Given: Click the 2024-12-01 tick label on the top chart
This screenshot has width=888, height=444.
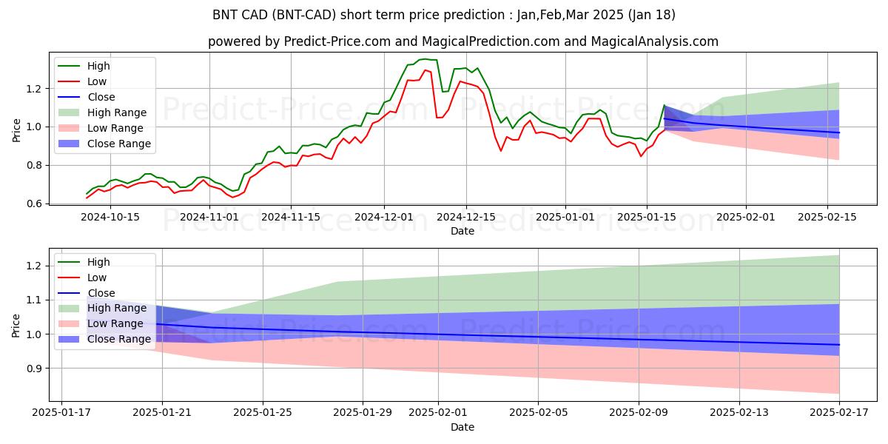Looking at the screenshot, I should coord(383,217).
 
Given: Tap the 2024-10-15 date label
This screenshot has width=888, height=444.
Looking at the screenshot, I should coord(110,217).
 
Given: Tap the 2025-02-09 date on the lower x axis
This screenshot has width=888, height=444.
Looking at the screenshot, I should coord(639,414).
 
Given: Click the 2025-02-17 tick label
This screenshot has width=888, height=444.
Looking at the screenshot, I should coord(839,414).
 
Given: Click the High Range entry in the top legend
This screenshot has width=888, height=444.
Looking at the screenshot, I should coord(117,112).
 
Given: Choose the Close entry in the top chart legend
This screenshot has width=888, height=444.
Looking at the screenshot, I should coord(101,97).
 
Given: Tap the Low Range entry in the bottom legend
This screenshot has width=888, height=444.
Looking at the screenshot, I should coord(115,323).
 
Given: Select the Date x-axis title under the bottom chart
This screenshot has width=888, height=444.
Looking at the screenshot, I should coord(462,428).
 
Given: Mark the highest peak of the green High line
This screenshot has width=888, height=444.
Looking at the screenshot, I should coord(423,59).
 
